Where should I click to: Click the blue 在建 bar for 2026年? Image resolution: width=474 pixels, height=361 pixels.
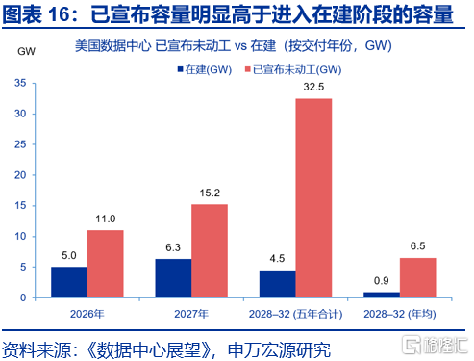(x=69, y=282)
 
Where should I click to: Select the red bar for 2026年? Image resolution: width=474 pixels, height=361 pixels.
(x=106, y=264)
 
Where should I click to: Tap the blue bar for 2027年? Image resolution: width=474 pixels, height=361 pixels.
(x=173, y=278)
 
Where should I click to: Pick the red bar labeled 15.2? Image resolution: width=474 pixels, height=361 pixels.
(x=210, y=251)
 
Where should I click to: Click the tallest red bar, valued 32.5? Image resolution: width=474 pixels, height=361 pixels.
(x=313, y=198)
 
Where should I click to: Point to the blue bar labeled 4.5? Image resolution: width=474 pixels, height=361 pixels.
(x=278, y=284)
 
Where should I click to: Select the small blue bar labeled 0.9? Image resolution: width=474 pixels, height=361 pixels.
(x=382, y=295)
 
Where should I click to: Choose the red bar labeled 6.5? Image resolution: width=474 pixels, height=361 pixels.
(x=418, y=277)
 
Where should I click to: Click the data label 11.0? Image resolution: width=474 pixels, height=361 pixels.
(x=106, y=219)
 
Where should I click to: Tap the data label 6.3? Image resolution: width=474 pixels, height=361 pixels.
(x=173, y=247)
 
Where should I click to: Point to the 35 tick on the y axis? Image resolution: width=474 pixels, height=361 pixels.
(x=20, y=83)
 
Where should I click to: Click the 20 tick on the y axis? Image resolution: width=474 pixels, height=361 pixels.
(x=20, y=175)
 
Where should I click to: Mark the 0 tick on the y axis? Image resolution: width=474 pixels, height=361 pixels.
(x=23, y=297)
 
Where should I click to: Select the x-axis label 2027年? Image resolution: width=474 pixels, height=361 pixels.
(x=191, y=314)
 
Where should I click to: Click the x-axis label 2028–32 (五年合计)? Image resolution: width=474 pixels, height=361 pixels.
(x=295, y=314)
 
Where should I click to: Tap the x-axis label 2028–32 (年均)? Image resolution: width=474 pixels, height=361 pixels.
(x=400, y=314)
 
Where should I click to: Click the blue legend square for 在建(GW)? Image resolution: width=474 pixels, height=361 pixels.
(x=181, y=69)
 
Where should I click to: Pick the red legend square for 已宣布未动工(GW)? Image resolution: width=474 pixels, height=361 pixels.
(x=248, y=69)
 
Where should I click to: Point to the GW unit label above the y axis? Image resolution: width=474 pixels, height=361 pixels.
(x=26, y=51)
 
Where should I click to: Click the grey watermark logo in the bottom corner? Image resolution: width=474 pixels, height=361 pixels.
(x=435, y=346)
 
